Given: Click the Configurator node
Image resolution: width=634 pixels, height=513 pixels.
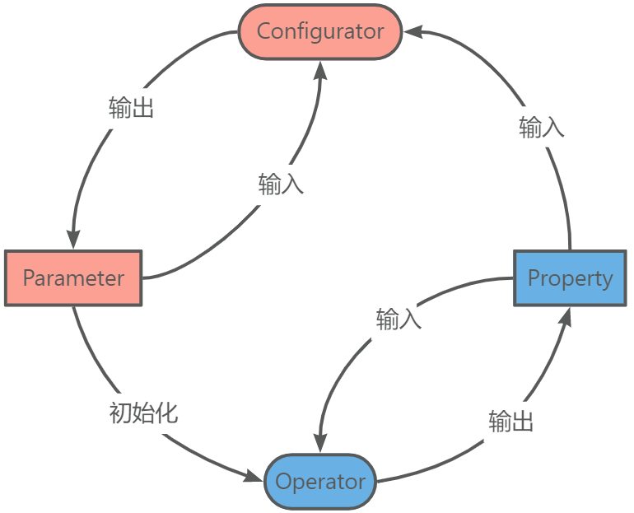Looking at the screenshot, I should point(319,32).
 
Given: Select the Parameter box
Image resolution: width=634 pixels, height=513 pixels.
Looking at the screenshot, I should point(73,277).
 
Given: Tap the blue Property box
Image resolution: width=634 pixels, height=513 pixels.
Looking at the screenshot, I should point(570,277).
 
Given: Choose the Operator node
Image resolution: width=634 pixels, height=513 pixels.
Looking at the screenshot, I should point(320,481).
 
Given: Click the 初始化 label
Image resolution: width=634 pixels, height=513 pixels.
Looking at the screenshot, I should point(144,413).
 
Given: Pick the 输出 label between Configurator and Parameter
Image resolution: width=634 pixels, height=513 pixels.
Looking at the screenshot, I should point(132,108).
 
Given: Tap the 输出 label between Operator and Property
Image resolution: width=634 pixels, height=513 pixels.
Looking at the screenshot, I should point(510,422).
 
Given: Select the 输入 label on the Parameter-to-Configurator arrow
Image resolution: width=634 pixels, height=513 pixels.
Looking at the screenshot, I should point(281,184).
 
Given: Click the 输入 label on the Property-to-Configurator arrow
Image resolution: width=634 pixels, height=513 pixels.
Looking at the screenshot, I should point(541,127).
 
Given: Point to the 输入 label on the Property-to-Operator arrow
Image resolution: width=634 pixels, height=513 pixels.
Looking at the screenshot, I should point(399,319).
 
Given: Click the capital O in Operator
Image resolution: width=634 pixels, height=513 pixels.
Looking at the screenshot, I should point(283,481).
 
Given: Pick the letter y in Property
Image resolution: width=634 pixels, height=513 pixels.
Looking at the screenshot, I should point(607,280).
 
